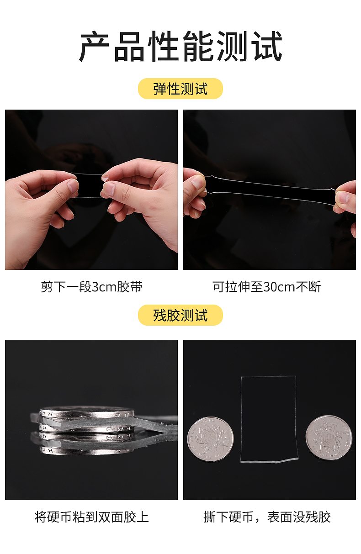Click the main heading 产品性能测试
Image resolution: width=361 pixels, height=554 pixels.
click(x=180, y=46)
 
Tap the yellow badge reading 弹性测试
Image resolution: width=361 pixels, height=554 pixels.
click(x=180, y=89)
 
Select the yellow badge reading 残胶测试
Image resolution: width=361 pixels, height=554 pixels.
click(x=180, y=315)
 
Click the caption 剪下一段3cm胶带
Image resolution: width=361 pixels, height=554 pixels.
click(x=91, y=287)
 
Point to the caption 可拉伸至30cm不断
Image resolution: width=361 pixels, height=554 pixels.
click(x=267, y=287)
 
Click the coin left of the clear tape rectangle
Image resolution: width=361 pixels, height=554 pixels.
click(x=210, y=439)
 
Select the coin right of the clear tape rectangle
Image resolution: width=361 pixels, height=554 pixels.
click(x=329, y=438)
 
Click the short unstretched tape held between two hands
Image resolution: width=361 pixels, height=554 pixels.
click(x=90, y=185)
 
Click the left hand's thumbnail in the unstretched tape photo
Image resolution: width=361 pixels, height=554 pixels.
click(x=73, y=185)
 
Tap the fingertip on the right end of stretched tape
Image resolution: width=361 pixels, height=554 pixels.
click(x=342, y=197)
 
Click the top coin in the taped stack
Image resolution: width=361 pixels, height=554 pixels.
click(x=87, y=413)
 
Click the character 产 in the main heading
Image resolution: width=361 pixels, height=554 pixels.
click(x=94, y=46)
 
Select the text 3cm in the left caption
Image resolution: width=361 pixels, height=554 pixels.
click(x=104, y=287)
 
